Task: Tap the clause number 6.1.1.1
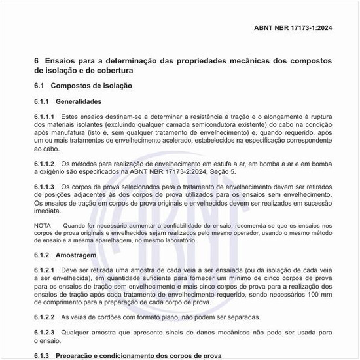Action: click(x=44, y=116)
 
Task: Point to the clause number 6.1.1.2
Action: click(x=44, y=164)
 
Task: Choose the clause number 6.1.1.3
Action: click(x=44, y=187)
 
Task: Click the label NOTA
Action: click(x=42, y=225)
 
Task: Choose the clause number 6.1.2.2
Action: click(x=44, y=317)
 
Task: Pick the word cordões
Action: click(x=111, y=317)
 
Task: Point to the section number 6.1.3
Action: click(x=42, y=355)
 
